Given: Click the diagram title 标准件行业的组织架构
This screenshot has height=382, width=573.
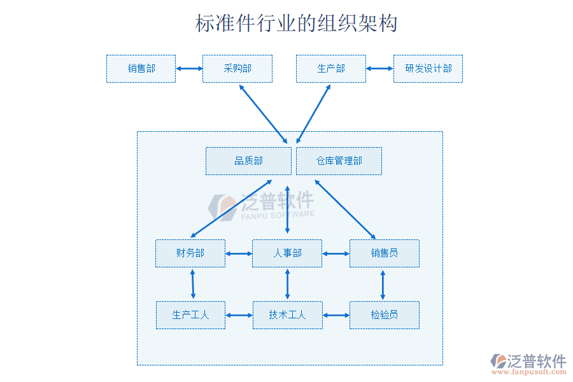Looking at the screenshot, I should (x=296, y=24).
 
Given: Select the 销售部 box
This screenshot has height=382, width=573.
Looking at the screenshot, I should (x=141, y=69).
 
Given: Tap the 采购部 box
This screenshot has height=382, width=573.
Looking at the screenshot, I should (x=237, y=69).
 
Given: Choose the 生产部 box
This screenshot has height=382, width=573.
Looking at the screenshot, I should (x=331, y=69).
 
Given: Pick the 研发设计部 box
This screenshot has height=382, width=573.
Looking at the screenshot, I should (x=428, y=69).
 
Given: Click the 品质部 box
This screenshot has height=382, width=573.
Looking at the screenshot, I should (x=248, y=161).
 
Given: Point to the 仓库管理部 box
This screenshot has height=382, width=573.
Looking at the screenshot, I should (x=339, y=161).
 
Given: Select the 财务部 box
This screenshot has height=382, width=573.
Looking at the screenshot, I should (x=190, y=253).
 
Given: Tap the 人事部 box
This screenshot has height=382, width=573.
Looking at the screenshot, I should (x=287, y=253).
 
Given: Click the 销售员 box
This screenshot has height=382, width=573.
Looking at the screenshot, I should (x=384, y=253).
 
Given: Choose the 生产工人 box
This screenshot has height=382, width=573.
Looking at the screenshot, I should (x=190, y=315).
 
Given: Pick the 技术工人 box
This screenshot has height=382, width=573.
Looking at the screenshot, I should (x=287, y=315).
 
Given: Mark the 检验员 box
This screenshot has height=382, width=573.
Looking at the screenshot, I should (x=384, y=315).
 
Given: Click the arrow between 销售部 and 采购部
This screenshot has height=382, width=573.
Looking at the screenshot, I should (x=189, y=69).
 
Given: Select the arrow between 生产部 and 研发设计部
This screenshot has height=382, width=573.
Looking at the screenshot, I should (x=379, y=69).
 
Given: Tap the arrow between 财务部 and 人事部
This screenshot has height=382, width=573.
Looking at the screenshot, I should (x=239, y=254).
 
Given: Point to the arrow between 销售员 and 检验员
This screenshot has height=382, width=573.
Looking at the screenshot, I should (x=383, y=285).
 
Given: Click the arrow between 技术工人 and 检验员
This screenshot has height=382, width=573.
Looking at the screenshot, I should (x=336, y=315).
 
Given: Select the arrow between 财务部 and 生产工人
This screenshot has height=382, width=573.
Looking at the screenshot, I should (x=192, y=284).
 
